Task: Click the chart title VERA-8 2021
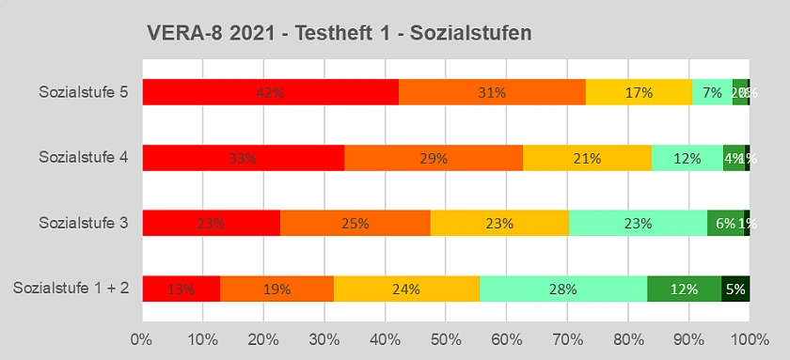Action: click(340, 34)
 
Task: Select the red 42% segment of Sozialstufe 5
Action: click(270, 92)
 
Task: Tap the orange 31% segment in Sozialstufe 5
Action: click(492, 92)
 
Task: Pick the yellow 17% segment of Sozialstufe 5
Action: click(639, 92)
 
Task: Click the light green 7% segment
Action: click(712, 92)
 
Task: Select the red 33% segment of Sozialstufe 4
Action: click(243, 158)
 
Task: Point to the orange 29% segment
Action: click(434, 158)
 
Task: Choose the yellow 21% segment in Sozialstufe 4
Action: click(587, 158)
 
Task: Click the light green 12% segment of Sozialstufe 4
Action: click(687, 158)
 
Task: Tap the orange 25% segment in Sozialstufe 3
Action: click(355, 223)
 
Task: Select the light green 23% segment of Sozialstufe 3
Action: click(638, 223)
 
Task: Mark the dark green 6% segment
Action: click(725, 223)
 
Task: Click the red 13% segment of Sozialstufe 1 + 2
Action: click(181, 289)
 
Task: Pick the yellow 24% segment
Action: click(406, 289)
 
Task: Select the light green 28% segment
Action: click(562, 289)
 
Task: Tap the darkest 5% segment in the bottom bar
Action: click(735, 289)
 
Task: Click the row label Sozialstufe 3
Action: click(84, 223)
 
